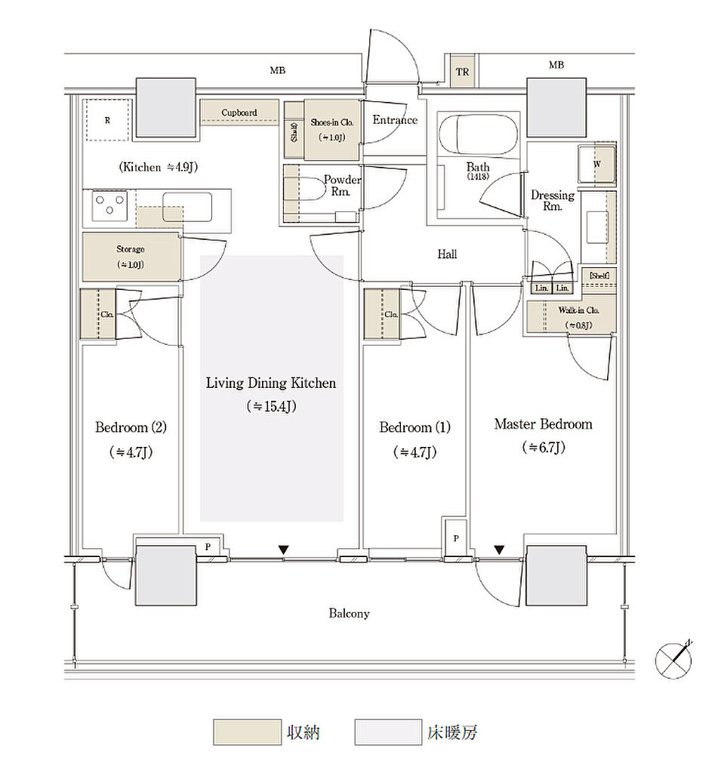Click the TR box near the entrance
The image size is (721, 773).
click(462, 72)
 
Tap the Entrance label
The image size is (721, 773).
click(394, 120)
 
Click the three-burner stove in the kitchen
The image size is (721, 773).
click(109, 205)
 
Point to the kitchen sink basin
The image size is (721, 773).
click(187, 206)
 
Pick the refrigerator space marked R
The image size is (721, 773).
click(108, 119)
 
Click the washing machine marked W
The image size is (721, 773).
click(596, 164)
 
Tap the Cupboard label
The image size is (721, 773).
click(239, 112)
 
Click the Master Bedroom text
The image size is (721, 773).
click(543, 424)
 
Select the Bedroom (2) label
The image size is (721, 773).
click(131, 427)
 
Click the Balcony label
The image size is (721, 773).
click(349, 614)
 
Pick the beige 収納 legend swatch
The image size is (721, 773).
click(246, 732)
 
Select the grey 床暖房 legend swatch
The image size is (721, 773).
click(387, 732)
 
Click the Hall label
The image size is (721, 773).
click(447, 255)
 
